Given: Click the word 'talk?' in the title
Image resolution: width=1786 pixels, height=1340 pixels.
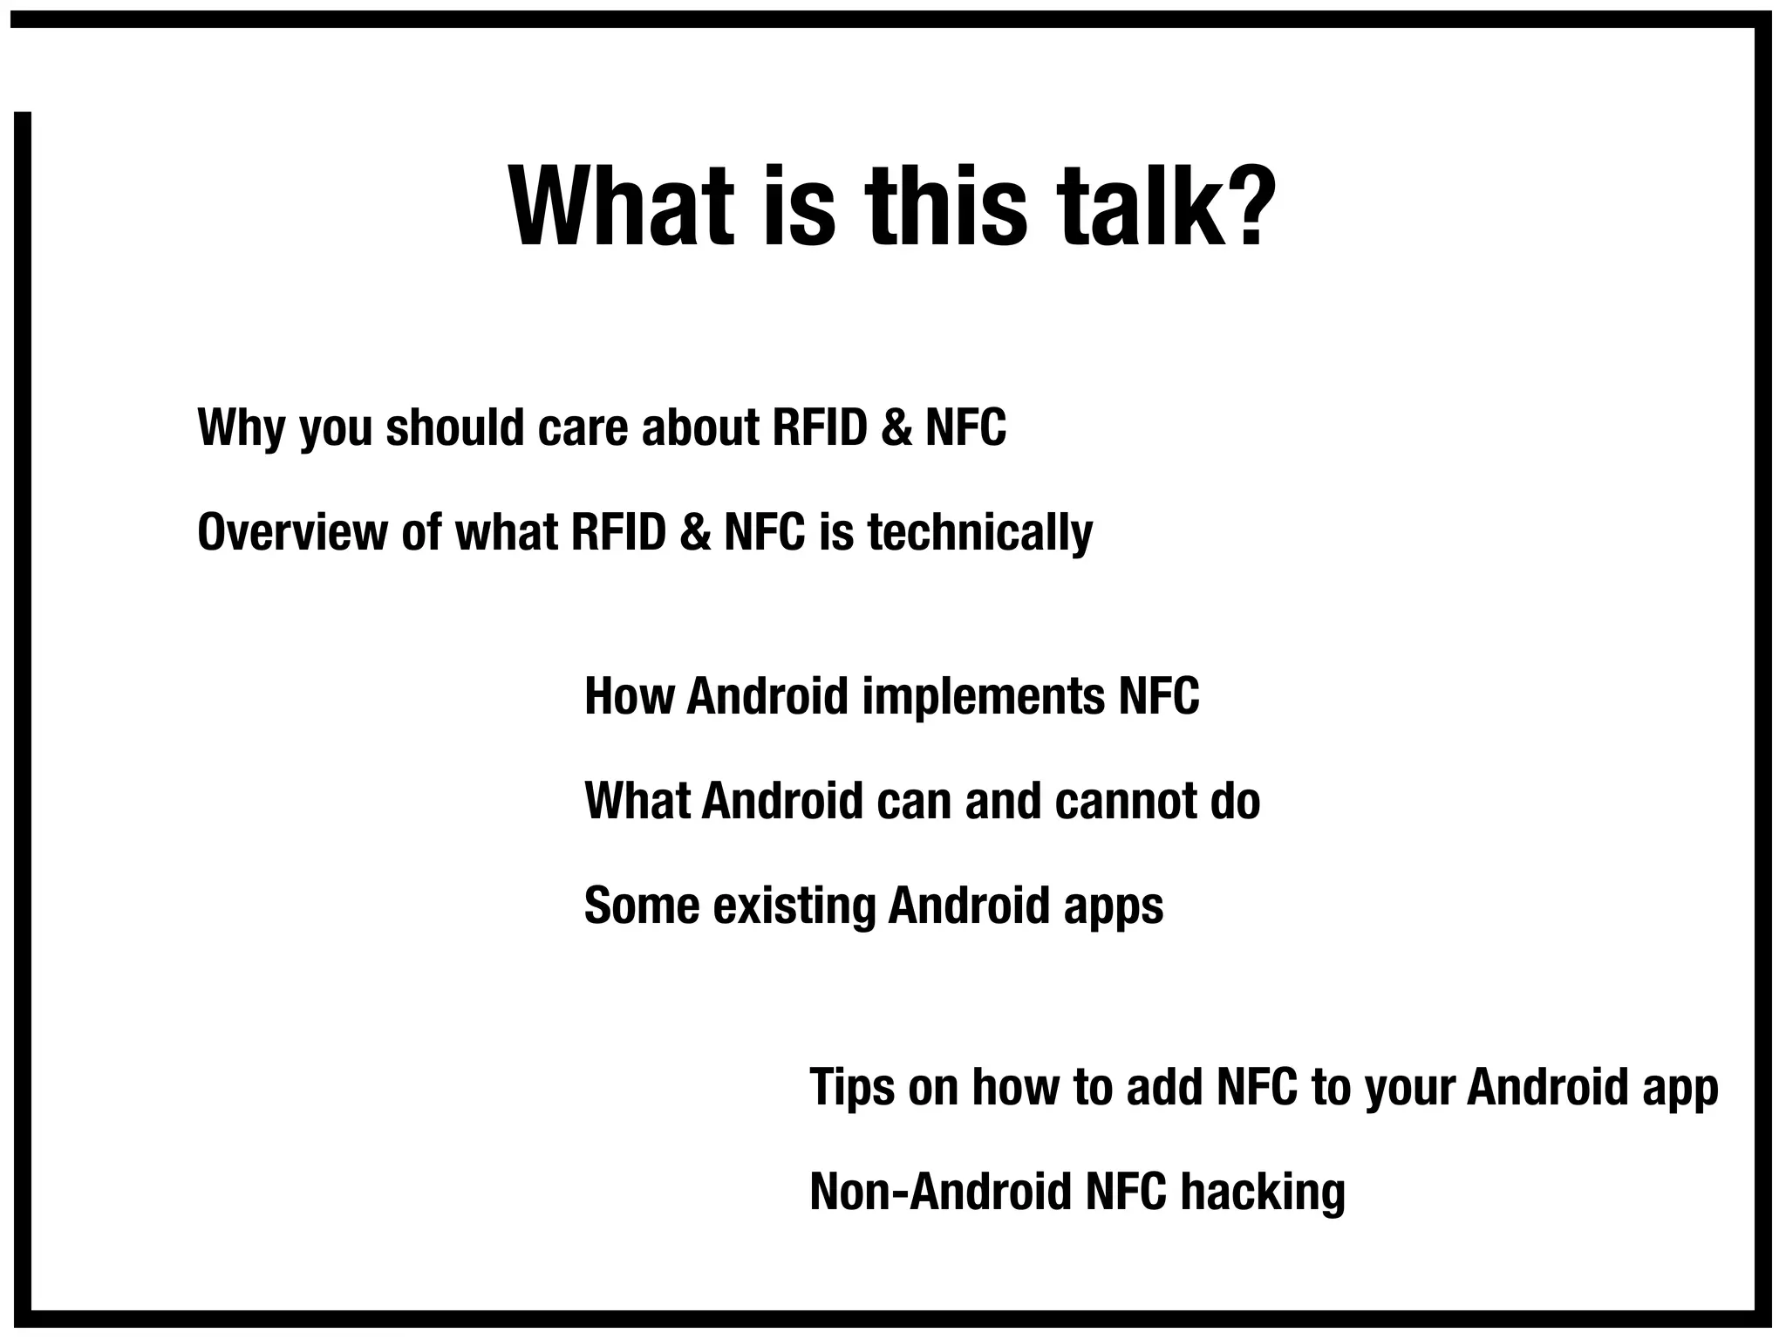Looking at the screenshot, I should click(x=1165, y=208).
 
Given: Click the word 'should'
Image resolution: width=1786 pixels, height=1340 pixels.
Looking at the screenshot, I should click(x=455, y=427).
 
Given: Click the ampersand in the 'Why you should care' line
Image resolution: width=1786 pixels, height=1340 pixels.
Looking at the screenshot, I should click(x=896, y=427).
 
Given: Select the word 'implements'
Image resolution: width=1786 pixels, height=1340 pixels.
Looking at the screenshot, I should click(x=983, y=697).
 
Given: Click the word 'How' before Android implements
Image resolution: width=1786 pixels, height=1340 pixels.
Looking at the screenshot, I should click(x=629, y=696).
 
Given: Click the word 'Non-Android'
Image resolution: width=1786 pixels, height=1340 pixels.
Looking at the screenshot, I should click(x=940, y=1192).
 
